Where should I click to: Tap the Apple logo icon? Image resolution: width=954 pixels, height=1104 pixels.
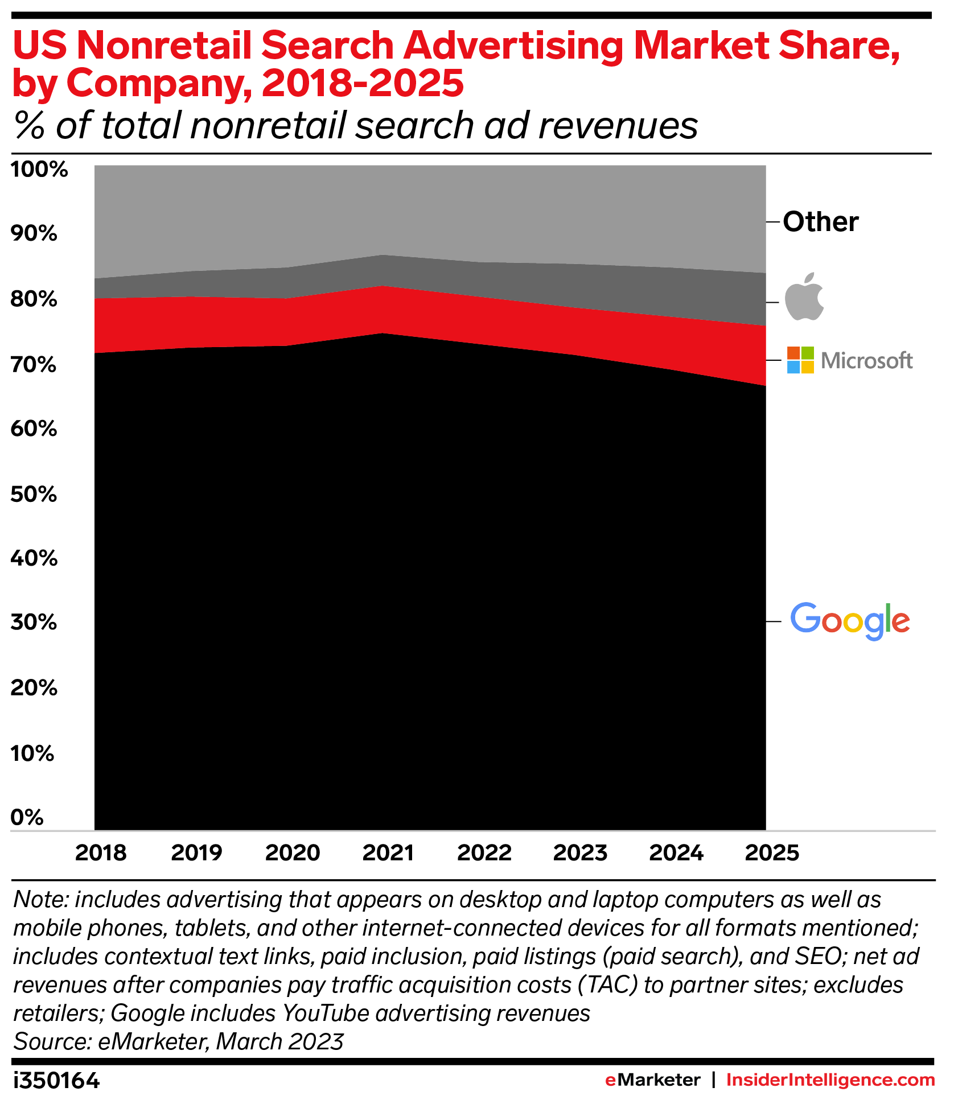point(804,296)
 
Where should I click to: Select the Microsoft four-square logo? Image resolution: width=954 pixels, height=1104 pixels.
point(800,360)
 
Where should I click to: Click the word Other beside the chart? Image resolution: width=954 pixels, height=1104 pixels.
point(820,222)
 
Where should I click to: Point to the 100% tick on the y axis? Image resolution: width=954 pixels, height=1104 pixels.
point(39,170)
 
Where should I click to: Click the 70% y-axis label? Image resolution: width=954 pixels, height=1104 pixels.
point(34,365)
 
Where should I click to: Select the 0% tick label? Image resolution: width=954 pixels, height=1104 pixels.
point(27,818)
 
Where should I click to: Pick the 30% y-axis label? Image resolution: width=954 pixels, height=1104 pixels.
point(34,623)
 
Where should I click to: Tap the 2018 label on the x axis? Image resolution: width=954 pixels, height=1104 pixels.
point(101,853)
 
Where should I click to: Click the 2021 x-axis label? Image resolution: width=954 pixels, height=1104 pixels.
point(388,853)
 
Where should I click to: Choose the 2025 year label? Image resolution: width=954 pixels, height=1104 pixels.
point(772,853)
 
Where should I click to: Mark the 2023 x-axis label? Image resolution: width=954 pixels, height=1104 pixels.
point(580,853)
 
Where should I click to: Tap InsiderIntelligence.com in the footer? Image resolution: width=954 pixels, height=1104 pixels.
point(830,1080)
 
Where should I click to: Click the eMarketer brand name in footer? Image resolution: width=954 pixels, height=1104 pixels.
point(652,1080)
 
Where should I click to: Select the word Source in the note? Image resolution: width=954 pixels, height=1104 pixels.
point(51,1042)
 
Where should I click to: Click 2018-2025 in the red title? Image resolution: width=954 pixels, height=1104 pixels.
point(363,83)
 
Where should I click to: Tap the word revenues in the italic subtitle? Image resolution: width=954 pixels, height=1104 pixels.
point(618,126)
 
